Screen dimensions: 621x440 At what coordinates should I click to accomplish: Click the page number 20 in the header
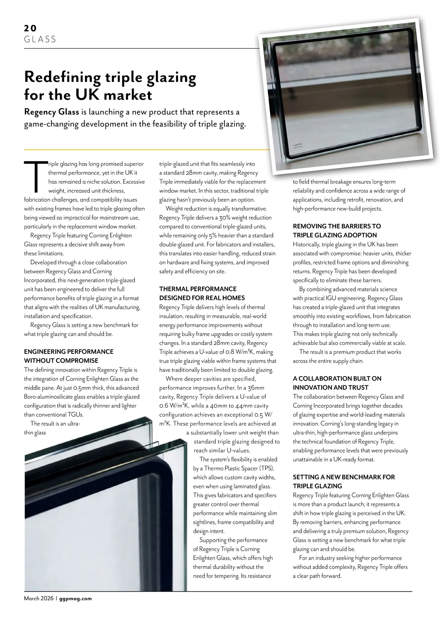[30, 28]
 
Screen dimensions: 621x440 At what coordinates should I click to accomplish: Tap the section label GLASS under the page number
[40, 39]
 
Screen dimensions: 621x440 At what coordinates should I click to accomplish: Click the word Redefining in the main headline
[62, 77]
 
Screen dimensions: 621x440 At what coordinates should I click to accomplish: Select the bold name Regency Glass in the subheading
[51, 112]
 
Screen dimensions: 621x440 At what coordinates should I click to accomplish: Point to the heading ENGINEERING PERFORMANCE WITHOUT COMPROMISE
[69, 356]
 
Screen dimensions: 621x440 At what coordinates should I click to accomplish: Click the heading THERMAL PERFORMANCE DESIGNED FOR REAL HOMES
[202, 293]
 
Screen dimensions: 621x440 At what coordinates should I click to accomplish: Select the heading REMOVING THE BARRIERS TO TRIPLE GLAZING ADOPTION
[337, 230]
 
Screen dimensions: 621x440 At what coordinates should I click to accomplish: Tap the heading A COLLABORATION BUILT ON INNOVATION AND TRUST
[337, 383]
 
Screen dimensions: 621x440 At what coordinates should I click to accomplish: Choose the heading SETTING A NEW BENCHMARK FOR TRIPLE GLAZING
[344, 482]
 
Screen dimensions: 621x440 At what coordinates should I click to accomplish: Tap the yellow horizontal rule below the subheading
[147, 150]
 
